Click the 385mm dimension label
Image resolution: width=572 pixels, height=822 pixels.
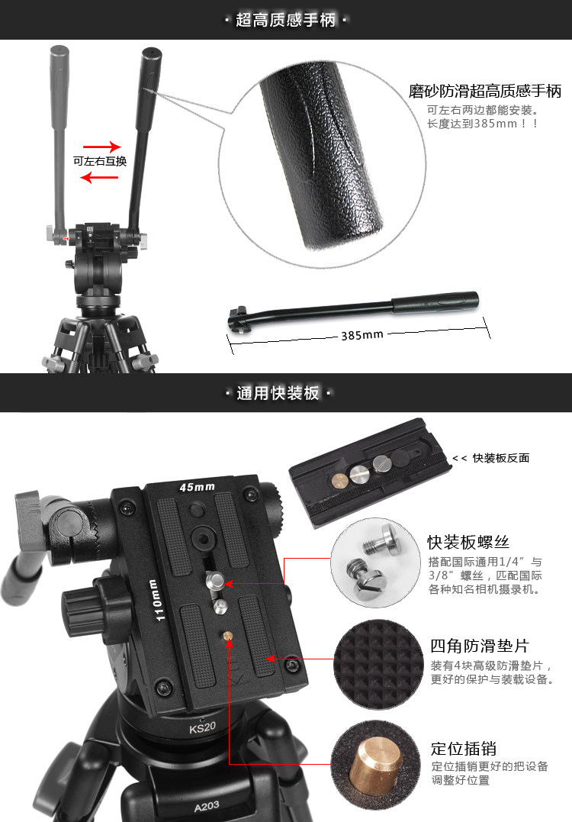362,335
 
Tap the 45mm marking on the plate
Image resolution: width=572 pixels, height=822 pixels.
197,487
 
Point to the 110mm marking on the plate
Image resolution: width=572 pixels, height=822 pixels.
156,600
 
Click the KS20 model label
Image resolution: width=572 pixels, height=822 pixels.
203,727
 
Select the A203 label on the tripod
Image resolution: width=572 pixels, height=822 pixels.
207,806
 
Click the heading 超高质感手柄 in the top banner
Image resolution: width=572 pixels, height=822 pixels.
285,20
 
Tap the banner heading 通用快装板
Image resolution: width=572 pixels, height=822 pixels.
278,392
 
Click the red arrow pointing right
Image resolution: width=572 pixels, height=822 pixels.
102,147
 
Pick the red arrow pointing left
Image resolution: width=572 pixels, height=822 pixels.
99,178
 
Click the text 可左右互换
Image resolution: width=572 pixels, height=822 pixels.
99,162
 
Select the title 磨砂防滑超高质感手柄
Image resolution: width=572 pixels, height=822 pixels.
484,92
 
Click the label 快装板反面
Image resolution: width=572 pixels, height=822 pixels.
501,458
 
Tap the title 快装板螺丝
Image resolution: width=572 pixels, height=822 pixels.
468,542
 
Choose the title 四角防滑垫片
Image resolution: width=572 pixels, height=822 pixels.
479,646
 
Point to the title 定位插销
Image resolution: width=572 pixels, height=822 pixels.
463,749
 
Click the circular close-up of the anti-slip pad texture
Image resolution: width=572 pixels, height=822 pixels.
378,665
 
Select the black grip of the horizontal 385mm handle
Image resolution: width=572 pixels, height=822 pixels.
435,302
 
